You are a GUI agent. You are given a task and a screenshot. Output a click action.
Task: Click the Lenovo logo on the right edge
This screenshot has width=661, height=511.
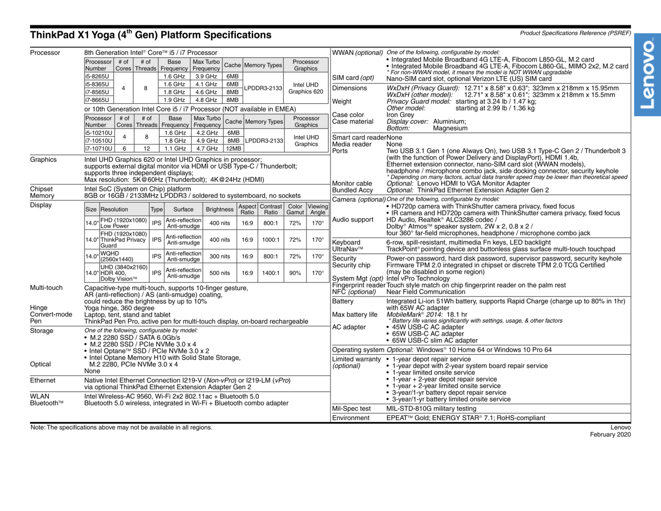[647, 75]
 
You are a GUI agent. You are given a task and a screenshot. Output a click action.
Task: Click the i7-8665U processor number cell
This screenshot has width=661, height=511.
[97, 100]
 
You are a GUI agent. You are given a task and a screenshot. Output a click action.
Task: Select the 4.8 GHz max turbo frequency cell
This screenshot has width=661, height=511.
[206, 100]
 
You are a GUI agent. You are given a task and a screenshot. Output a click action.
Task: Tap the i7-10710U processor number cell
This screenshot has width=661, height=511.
[98, 149]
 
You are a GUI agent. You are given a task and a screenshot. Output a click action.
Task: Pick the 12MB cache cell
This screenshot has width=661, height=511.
[233, 149]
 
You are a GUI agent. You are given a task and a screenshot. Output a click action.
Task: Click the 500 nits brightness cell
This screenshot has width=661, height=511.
[220, 273]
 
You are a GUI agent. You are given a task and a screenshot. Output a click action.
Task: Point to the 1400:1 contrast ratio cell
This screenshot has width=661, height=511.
[271, 273]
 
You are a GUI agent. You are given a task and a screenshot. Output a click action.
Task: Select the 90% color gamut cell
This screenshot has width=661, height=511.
[295, 273]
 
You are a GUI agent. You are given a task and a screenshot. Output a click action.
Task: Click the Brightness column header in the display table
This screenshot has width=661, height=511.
[220, 209]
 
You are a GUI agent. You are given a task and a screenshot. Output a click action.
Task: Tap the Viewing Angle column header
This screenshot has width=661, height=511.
[318, 209]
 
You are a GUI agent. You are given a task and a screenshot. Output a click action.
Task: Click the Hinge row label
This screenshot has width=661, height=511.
[39, 308]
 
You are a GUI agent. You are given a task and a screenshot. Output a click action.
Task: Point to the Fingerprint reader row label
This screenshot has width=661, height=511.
[358, 285]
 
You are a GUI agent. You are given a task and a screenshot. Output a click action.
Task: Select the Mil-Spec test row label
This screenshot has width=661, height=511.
[351, 409]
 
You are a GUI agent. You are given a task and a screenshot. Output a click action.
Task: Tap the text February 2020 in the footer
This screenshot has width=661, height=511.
[610, 434]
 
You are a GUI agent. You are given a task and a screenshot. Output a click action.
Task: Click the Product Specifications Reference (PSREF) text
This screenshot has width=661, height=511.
[575, 33]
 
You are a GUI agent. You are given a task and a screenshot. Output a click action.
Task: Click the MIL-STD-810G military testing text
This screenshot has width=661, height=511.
[431, 409]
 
